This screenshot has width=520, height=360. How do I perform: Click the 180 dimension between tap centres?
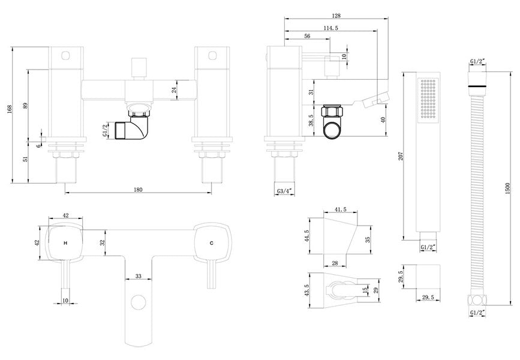138,190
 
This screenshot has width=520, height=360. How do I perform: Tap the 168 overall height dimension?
9,109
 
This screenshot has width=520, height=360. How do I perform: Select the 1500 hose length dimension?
507,188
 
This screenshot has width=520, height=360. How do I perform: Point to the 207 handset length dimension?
401,156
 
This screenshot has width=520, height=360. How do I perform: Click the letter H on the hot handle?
65,243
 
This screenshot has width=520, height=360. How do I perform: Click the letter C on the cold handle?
212,243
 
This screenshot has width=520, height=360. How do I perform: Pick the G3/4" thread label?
284,191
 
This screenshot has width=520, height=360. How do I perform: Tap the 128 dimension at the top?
336,16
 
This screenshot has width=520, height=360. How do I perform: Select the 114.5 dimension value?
330,28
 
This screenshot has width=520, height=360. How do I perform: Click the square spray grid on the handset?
428,98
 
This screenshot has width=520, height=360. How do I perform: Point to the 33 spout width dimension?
139,276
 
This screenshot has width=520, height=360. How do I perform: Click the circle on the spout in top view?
139,302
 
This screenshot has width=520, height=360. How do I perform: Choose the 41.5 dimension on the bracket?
340,209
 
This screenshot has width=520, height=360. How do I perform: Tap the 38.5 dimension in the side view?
311,120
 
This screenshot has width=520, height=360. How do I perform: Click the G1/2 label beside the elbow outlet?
105,130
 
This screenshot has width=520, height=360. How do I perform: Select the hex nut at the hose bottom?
477,301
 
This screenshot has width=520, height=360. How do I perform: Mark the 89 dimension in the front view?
25,106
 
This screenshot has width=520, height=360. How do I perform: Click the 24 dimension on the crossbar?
174,90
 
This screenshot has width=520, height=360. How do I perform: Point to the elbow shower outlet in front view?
132,127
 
